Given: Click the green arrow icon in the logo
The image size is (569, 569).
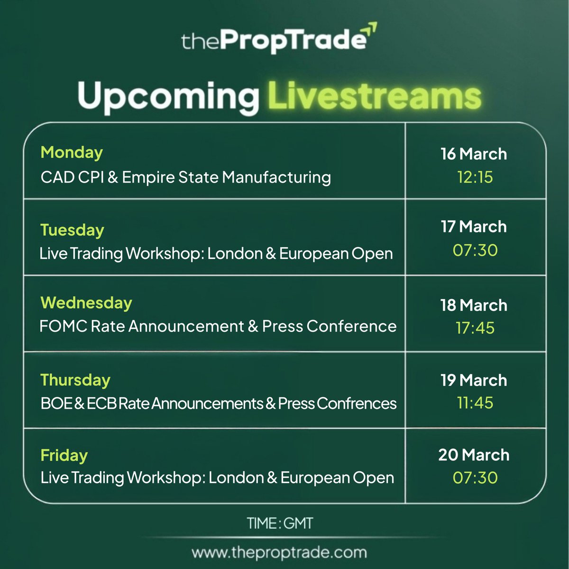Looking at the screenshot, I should [371, 30].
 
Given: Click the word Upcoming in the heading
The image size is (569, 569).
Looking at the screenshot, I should [168, 97].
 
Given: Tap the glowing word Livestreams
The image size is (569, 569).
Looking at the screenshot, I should [375, 97].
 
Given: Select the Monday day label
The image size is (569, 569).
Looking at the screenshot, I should [72, 152].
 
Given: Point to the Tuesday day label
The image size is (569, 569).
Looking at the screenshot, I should [72, 230].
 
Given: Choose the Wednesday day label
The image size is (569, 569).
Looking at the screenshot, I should [86, 303].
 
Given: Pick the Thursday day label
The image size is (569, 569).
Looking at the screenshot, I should [75, 380].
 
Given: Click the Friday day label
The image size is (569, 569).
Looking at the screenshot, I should [64, 455].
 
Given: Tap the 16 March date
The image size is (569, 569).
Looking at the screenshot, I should [474, 154].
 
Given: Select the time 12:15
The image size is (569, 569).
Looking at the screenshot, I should [475, 177].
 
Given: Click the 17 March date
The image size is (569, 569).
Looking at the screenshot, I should [474, 227].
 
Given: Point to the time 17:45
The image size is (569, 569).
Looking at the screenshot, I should [475, 328].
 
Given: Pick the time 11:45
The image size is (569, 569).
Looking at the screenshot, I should [475, 403].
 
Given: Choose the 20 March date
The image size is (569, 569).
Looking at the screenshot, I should [474, 455].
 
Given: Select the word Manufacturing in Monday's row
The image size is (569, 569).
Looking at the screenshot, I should [276, 177].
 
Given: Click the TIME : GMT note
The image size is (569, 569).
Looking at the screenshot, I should [280, 523].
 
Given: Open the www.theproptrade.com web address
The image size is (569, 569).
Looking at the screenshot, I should [279, 552].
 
